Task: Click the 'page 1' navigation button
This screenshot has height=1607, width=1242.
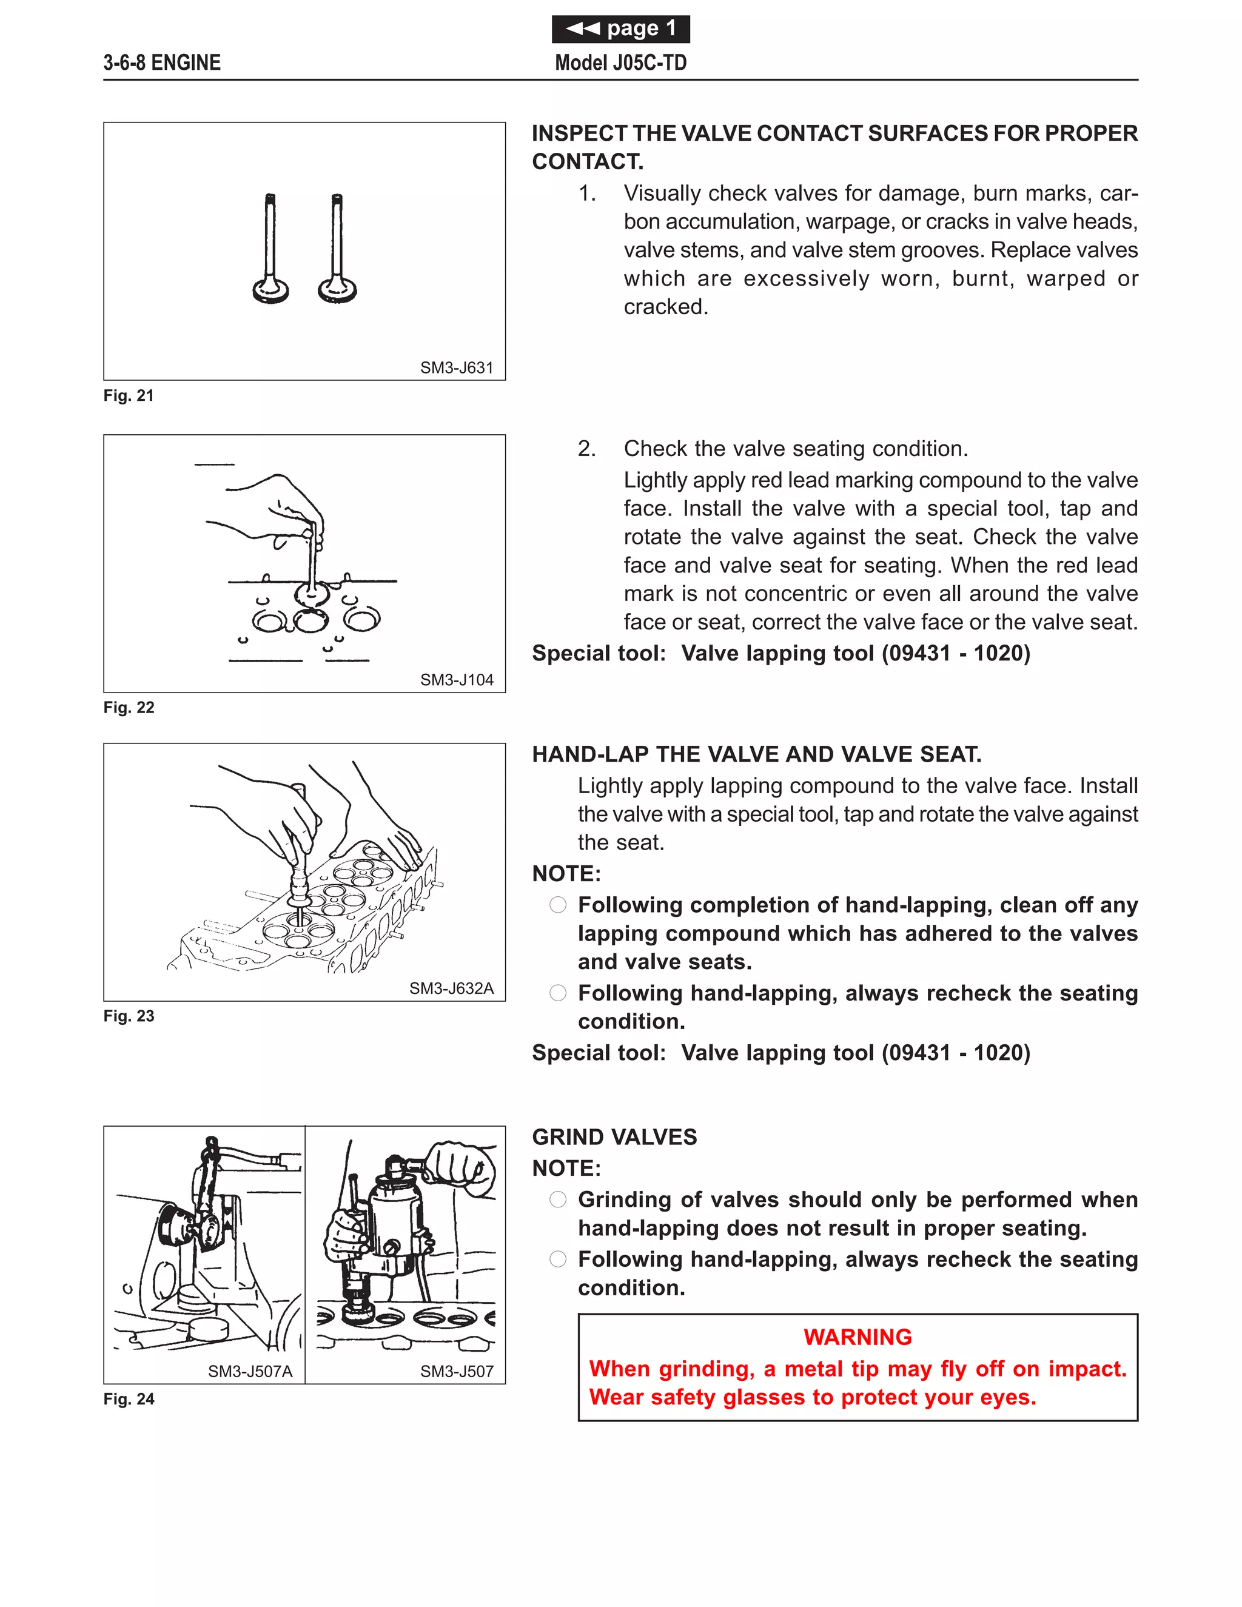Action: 620,29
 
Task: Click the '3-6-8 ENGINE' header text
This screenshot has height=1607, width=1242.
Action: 162,63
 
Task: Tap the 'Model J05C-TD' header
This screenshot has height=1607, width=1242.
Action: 620,63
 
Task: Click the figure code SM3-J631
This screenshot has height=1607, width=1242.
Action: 456,368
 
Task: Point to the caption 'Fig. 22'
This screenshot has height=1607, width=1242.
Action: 129,708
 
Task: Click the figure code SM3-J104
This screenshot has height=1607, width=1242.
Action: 456,680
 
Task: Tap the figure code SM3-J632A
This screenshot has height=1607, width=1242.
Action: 451,988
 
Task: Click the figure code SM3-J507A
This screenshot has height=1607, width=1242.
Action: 250,1372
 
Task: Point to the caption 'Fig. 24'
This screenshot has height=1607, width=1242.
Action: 129,1400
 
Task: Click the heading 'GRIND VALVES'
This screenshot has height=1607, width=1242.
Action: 614,1137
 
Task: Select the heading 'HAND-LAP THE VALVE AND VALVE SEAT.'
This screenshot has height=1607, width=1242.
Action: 756,754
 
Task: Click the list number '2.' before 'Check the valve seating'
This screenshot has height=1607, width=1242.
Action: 586,449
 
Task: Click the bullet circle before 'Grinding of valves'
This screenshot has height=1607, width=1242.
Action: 558,1200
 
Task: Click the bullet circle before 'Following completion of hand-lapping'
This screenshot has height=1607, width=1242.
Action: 558,905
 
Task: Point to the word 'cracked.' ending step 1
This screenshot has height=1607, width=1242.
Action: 666,307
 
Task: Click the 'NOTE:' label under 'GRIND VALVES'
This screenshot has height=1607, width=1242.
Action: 566,1169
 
